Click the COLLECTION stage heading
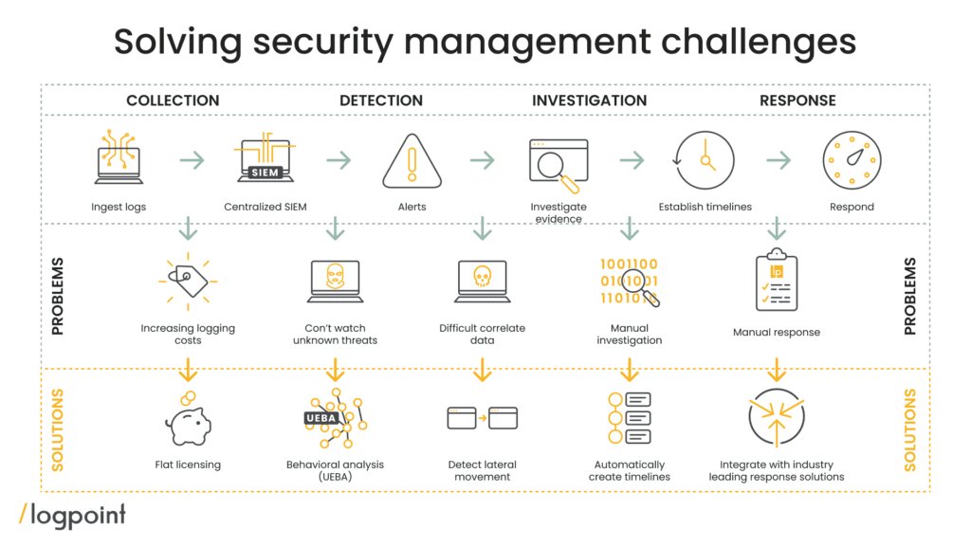click(173, 100)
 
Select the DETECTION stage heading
click(381, 100)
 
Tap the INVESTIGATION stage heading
click(589, 100)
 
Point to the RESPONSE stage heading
click(797, 100)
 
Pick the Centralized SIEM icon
click(265, 160)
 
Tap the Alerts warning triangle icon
click(412, 161)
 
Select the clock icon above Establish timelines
click(705, 161)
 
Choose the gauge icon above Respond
click(851, 161)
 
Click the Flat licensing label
click(188, 465)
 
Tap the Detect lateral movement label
click(482, 471)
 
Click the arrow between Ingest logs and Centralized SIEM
click(192, 161)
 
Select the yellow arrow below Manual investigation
click(630, 368)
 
